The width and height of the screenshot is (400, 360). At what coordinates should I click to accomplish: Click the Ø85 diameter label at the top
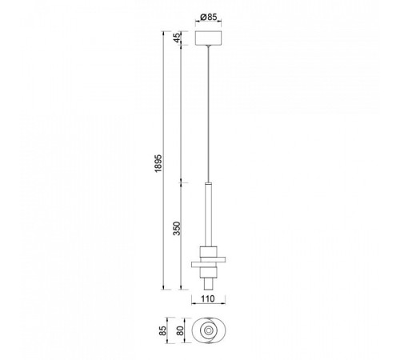pyautogui.click(x=208, y=18)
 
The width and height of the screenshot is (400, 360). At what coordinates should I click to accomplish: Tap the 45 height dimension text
pyautogui.click(x=177, y=38)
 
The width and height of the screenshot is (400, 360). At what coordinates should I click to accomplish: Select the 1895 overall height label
pyautogui.click(x=158, y=163)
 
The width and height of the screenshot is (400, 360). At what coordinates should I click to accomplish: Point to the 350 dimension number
pyautogui.click(x=177, y=228)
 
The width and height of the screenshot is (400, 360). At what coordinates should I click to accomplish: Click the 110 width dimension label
pyautogui.click(x=208, y=298)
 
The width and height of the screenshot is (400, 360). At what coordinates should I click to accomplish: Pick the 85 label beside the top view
pyautogui.click(x=162, y=330)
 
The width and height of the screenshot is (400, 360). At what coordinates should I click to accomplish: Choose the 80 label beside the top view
pyautogui.click(x=180, y=330)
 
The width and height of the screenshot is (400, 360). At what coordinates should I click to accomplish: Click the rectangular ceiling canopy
pyautogui.click(x=209, y=38)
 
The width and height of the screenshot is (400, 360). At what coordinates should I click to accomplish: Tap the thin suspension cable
pyautogui.click(x=209, y=114)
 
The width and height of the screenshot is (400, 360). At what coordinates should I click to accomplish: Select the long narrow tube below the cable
pyautogui.click(x=209, y=214)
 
